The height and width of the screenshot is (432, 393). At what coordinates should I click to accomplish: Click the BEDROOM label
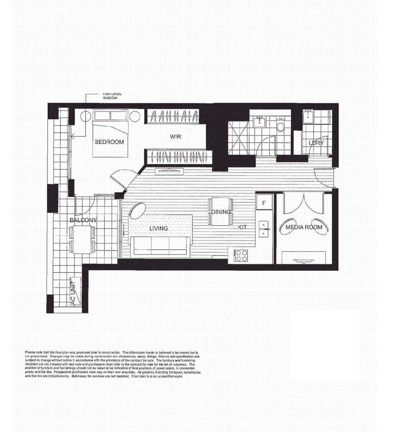[x=109, y=142]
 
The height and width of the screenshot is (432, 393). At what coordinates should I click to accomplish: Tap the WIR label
[x=175, y=137]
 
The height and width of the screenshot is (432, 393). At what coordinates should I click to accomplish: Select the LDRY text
[x=316, y=143]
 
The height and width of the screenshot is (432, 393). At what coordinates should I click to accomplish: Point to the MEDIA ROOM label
[x=304, y=227]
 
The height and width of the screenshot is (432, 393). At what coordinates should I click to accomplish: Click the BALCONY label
[x=83, y=220]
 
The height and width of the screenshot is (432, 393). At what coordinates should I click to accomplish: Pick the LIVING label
[x=159, y=228]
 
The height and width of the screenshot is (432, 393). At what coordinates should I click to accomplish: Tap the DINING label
[x=221, y=212]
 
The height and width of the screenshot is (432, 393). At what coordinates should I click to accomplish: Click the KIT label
[x=242, y=227]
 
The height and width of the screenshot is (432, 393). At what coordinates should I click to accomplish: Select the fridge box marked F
[x=264, y=203]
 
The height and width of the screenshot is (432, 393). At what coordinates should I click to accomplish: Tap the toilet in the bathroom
[x=281, y=126]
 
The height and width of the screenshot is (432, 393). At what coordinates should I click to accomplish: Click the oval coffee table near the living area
[x=137, y=210]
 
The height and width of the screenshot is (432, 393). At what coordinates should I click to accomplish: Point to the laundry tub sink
[x=308, y=117]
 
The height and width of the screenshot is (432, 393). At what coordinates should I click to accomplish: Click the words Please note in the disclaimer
[x=33, y=352]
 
